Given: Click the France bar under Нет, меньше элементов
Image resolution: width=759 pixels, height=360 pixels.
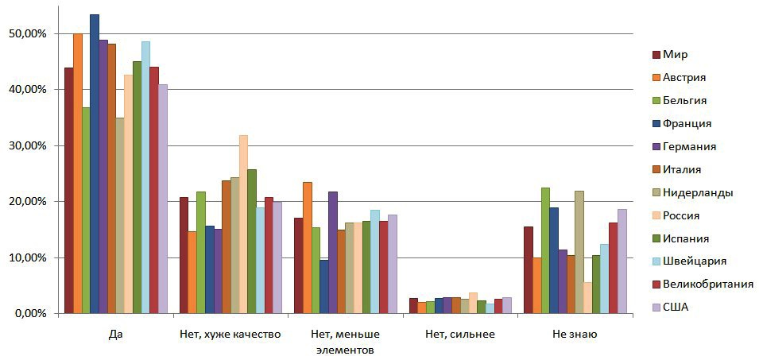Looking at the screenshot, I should tap(324, 286).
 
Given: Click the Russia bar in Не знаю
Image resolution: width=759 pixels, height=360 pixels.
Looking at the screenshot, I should tap(587, 297).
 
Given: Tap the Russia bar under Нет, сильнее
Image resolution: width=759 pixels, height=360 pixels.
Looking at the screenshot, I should tap(473, 303).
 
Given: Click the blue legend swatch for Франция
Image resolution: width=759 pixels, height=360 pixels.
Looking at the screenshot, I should tap(656, 123).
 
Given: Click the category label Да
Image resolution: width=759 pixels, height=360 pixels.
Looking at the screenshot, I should tap(116, 335).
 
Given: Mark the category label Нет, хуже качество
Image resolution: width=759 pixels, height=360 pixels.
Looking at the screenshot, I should tap(230, 335).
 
